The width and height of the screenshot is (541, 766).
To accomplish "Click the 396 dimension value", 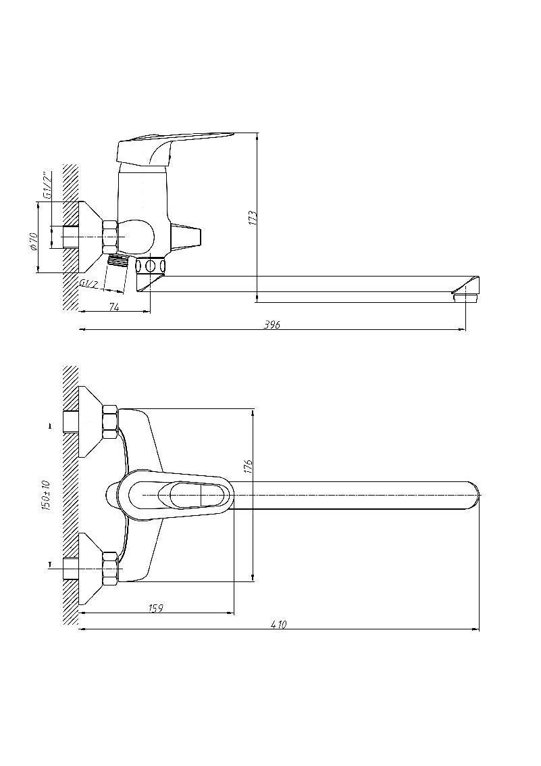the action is click(x=272, y=325).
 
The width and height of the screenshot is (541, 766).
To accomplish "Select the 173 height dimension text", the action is click(x=252, y=218).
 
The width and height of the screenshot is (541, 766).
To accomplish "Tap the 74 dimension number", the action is click(x=114, y=307).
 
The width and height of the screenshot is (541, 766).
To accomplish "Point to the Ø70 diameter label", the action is click(x=33, y=241).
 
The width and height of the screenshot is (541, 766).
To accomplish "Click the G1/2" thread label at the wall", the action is click(x=47, y=186).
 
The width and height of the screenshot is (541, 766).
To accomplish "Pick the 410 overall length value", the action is click(x=278, y=624).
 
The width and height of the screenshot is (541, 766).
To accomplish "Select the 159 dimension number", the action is click(x=155, y=608).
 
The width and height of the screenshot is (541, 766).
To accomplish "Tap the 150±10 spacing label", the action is click(x=47, y=496).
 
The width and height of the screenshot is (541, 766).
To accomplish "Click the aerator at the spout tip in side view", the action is click(x=467, y=297).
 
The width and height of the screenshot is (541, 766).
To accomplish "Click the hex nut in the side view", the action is click(x=110, y=237).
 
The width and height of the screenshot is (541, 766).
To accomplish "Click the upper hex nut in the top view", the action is click(x=110, y=422).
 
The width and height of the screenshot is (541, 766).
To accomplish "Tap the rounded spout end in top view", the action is click(x=473, y=496).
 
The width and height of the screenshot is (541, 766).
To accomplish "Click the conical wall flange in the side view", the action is click(x=91, y=237).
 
